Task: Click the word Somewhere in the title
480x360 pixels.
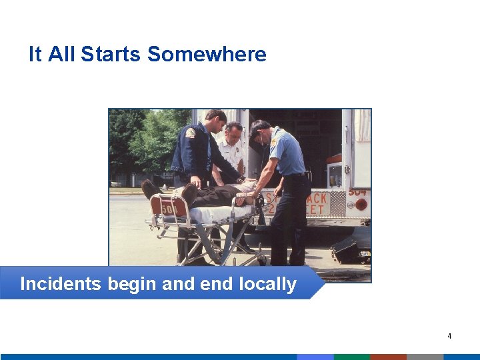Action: pyautogui.click(x=207, y=54)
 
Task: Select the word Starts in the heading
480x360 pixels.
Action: pyautogui.click(x=111, y=54)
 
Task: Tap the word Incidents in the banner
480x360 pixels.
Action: pyautogui.click(x=60, y=284)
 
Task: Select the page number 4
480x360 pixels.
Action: pyautogui.click(x=449, y=336)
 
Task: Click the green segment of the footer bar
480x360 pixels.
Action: pyautogui.click(x=351, y=357)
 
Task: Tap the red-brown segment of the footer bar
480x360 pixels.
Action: pyautogui.click(x=388, y=357)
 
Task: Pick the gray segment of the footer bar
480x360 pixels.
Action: pyautogui.click(x=425, y=357)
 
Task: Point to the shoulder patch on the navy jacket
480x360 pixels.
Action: pyautogui.click(x=191, y=133)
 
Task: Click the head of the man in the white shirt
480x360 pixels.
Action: pyautogui.click(x=233, y=131)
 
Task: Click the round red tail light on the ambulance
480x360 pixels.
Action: pyautogui.click(x=361, y=205)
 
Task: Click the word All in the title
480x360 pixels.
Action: pyautogui.click(x=61, y=54)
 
